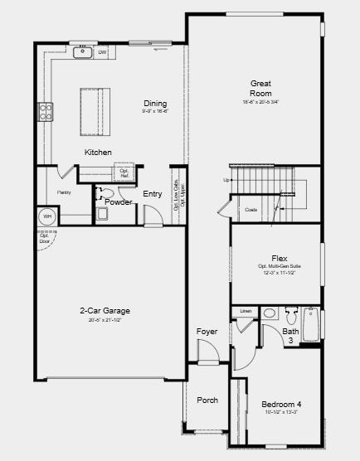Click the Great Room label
[x=262, y=88]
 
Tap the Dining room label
[x=154, y=104]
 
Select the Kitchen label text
[x=98, y=152]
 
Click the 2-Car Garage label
[x=105, y=311]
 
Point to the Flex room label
[x=279, y=258]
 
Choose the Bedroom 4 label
[x=281, y=404]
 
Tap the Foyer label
[x=207, y=332]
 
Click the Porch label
[x=207, y=400]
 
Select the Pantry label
[x=64, y=192]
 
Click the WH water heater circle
[x=47, y=216]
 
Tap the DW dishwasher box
[x=102, y=53]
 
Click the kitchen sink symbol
[x=83, y=53]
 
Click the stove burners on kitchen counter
[x=46, y=111]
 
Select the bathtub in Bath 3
[x=311, y=325]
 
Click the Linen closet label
[x=246, y=312]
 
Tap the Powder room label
[x=119, y=202]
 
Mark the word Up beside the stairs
[x=226, y=180]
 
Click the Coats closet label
[x=251, y=210]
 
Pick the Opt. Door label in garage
[x=45, y=238]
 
